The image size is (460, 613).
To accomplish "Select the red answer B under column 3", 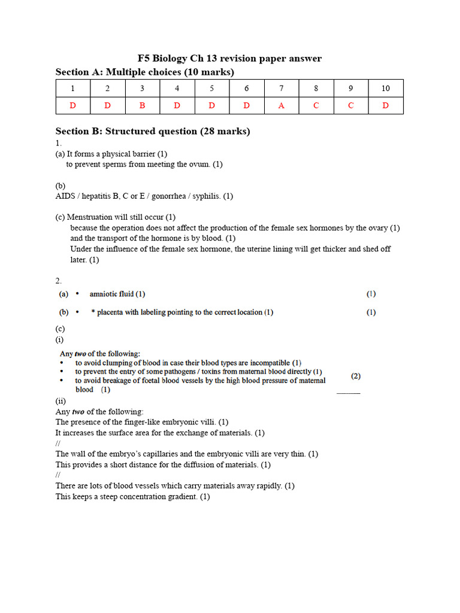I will (x=142, y=105).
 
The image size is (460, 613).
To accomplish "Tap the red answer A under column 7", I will (x=281, y=105).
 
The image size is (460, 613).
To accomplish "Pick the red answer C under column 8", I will (x=316, y=105).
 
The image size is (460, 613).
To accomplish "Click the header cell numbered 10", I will (x=385, y=89).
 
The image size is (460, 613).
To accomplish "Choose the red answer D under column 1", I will (x=72, y=105).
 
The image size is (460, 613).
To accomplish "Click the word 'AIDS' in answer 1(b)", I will (x=66, y=196).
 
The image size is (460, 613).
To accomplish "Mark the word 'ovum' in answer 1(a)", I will (x=200, y=164).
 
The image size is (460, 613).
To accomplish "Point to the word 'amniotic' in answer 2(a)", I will (x=105, y=294).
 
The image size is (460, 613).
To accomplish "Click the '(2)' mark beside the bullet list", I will (x=356, y=376).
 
